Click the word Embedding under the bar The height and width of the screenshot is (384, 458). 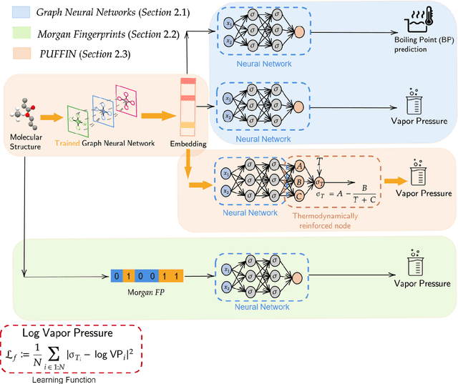(x=187, y=144)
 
